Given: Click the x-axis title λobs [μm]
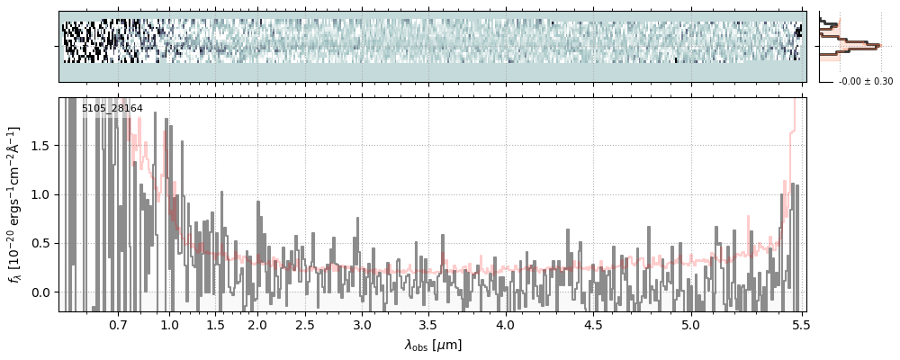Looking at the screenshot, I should [432, 345].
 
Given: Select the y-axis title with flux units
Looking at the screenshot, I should [15, 204].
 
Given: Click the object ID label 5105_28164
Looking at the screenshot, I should [112, 109].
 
